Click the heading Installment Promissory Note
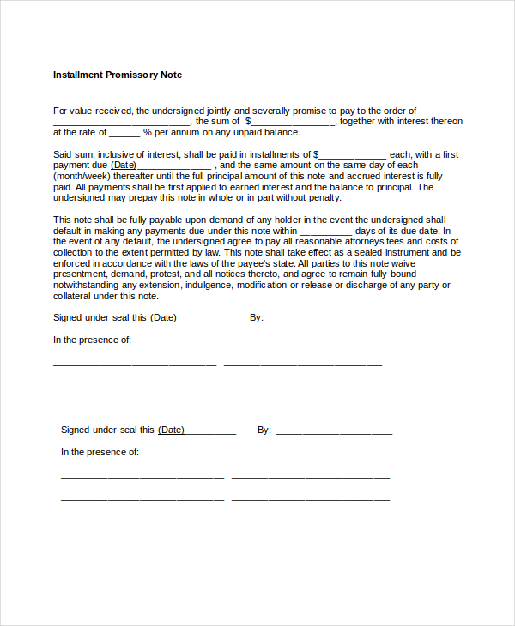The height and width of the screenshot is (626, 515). click(118, 75)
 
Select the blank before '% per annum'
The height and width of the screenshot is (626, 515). click(124, 133)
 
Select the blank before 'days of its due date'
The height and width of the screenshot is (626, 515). click(326, 231)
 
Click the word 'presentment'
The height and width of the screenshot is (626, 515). click(82, 274)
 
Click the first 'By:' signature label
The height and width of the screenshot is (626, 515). click(256, 317)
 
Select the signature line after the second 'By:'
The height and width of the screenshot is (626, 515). click(334, 430)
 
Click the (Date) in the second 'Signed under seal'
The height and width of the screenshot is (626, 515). click(171, 430)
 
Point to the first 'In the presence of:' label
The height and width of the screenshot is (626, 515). click(92, 340)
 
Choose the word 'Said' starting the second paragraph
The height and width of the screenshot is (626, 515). click(63, 154)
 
